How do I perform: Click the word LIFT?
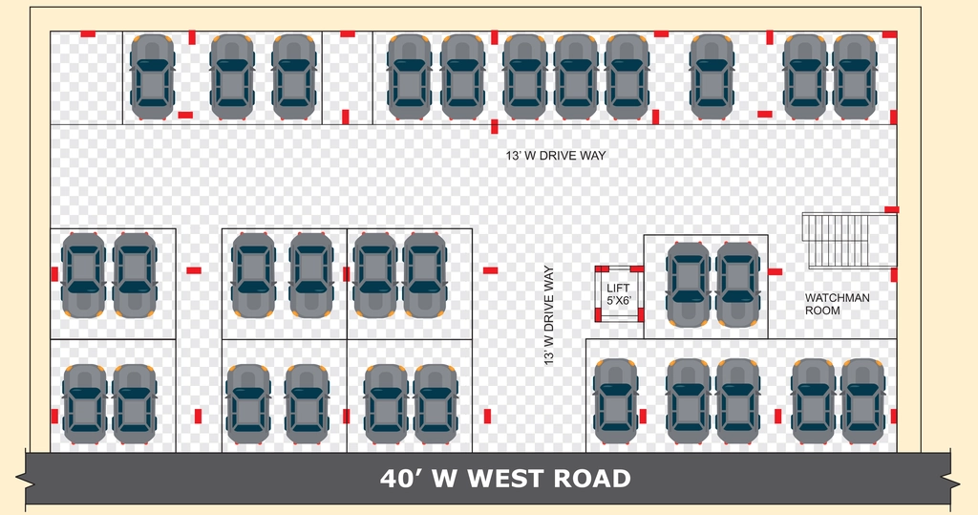click(618, 288)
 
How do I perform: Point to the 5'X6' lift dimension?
click(619, 300)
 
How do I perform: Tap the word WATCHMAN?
click(837, 298)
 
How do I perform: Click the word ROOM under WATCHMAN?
click(822, 311)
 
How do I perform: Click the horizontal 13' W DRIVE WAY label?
click(556, 156)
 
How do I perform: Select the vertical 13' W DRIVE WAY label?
click(549, 315)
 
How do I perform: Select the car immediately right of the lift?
click(688, 284)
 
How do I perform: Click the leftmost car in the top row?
click(152, 76)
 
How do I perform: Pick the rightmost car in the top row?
click(855, 76)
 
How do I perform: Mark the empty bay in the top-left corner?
click(86, 78)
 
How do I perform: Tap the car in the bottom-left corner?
click(85, 404)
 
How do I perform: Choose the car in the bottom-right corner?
click(862, 400)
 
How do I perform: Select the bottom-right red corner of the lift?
click(640, 316)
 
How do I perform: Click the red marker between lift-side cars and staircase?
click(775, 271)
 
